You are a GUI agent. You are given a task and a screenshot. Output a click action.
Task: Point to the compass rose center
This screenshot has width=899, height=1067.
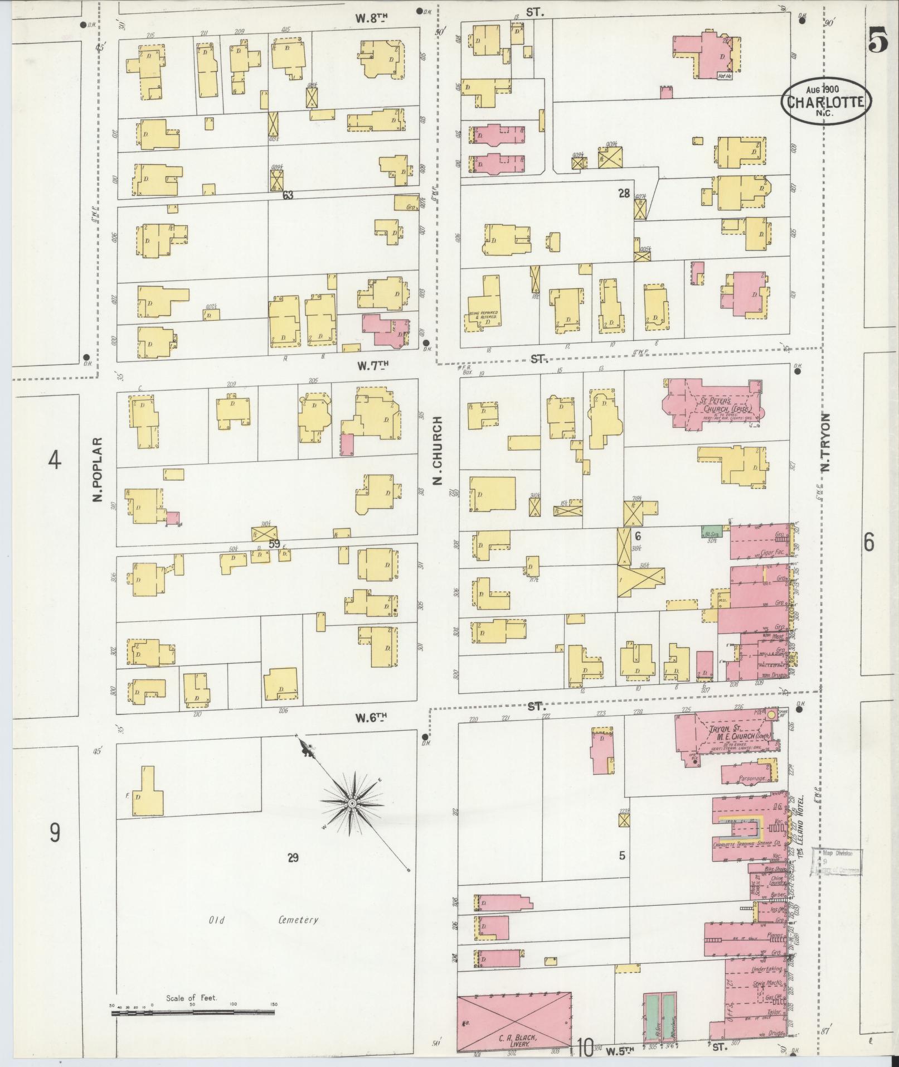352,803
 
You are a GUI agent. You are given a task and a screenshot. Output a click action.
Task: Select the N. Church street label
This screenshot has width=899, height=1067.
438,450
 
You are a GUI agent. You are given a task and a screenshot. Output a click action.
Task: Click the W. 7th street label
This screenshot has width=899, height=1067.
372,366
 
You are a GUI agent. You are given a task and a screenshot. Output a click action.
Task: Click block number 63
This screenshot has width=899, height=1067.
288,195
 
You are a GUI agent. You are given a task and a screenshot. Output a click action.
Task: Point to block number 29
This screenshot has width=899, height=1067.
293,858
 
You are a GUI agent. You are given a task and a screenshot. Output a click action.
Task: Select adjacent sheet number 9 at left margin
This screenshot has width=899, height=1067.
54,833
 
